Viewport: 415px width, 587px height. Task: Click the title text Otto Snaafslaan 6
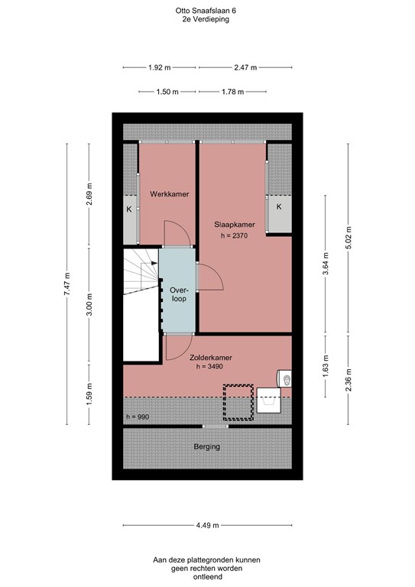coord(206,11)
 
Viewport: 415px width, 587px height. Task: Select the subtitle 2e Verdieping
coord(206,20)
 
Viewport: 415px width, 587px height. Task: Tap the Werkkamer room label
coord(169,194)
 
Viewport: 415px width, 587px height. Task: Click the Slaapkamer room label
coord(235,224)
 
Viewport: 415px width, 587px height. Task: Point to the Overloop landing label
coord(178,294)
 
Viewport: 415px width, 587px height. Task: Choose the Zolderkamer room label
coord(211,357)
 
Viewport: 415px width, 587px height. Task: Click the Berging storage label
coord(206,446)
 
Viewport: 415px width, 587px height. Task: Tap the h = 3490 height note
coord(211,368)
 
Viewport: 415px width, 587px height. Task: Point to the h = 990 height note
coord(138,417)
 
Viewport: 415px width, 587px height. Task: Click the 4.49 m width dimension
coord(206,525)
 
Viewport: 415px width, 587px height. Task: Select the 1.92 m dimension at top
coord(160,67)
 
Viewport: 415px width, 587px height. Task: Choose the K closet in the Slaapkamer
coord(279,207)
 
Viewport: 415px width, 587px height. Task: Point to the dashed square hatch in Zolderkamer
coord(238,403)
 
